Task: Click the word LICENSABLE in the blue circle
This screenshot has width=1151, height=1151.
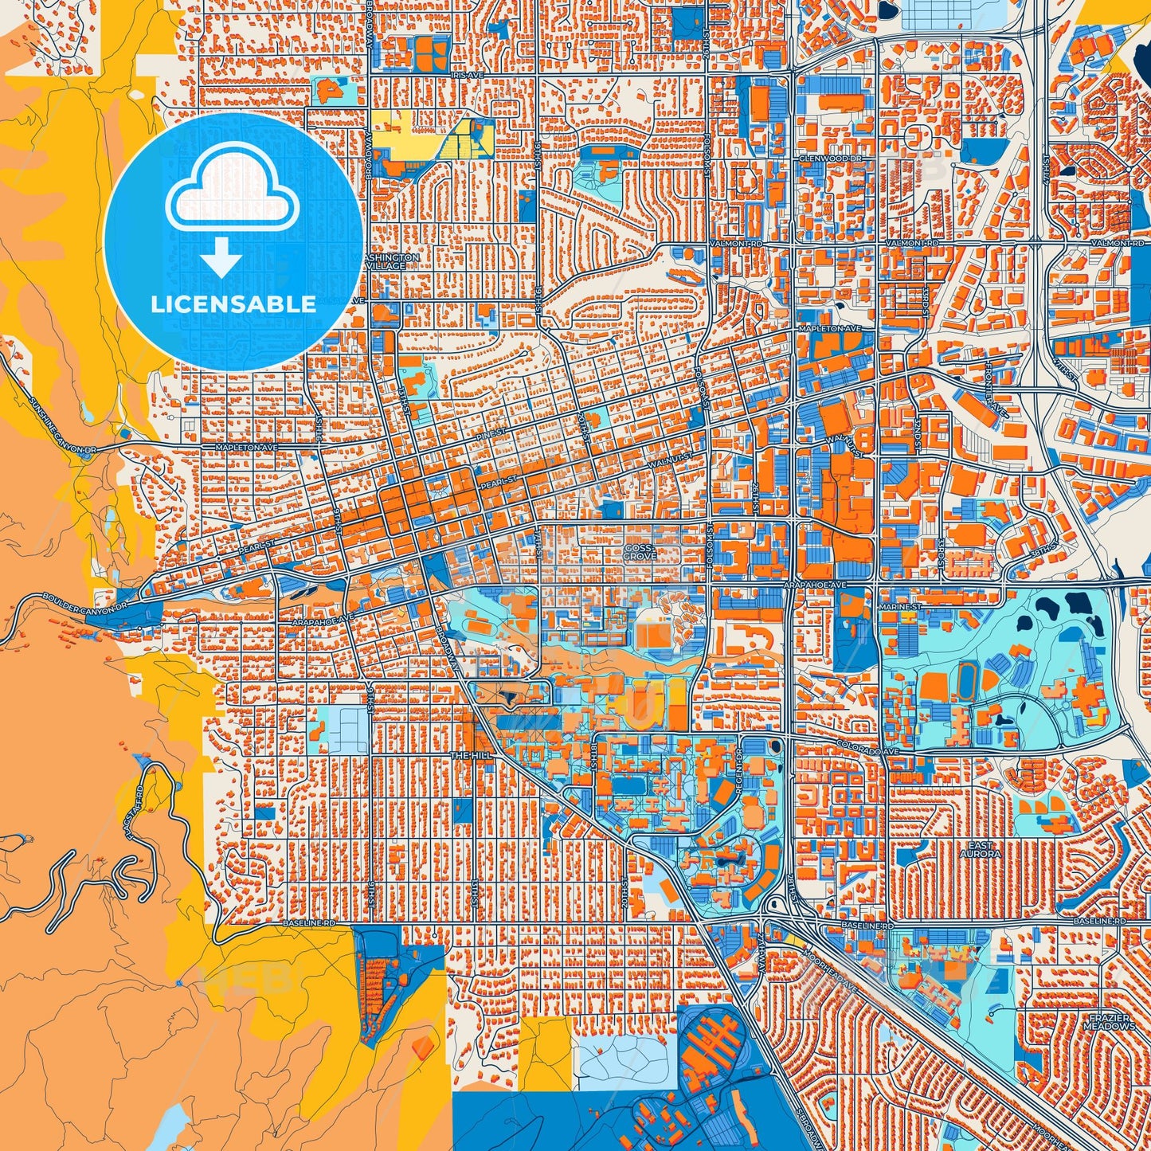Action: (233, 304)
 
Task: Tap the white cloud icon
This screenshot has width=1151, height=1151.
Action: (233, 194)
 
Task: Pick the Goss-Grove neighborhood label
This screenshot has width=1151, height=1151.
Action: (640, 552)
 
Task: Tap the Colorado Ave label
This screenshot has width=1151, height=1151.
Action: (867, 750)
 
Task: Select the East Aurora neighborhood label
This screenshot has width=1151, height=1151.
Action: (980, 849)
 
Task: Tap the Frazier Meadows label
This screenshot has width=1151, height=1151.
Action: (1109, 1022)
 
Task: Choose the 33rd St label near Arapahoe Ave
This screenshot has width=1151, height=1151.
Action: (941, 560)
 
